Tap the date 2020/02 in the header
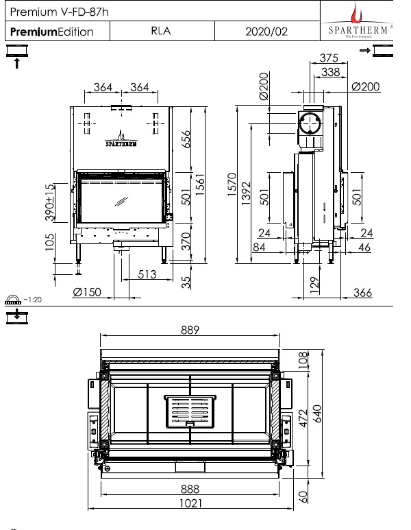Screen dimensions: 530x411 (263, 31)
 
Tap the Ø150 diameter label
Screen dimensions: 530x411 (87, 293)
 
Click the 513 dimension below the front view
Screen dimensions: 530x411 (145, 274)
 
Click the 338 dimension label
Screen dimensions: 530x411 (332, 71)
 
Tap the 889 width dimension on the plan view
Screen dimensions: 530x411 (190, 330)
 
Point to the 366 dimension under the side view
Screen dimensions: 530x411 (362, 293)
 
